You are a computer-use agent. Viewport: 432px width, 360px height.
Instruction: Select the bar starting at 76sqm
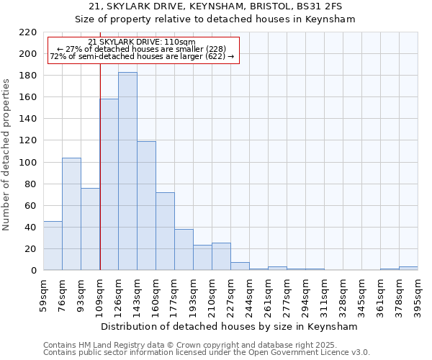point(71,214)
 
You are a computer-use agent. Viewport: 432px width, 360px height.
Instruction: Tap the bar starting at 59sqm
point(53,246)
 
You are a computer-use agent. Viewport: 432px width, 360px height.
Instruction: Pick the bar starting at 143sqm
point(146,206)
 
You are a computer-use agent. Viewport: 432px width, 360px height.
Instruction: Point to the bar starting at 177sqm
point(184,250)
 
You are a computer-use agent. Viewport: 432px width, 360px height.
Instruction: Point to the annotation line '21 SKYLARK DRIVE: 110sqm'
point(141,42)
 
